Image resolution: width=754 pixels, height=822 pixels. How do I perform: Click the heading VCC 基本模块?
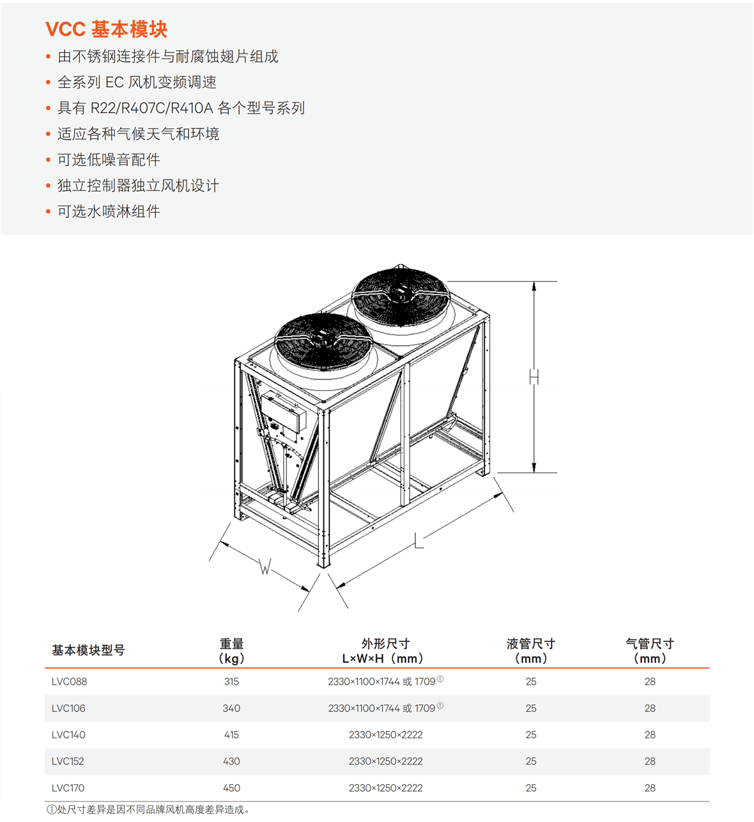click(106, 29)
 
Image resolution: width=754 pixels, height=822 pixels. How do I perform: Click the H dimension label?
click(534, 377)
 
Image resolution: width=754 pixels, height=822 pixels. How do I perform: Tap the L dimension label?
click(419, 540)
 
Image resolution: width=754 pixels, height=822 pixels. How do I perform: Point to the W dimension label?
click(265, 567)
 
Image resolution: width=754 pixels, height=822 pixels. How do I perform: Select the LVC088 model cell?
click(69, 682)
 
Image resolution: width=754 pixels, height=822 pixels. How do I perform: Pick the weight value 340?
click(231, 708)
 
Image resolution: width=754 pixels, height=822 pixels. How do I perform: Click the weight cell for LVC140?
click(231, 734)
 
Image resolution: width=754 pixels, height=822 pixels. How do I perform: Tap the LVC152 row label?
click(68, 761)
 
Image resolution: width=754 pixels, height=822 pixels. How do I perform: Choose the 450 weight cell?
click(231, 788)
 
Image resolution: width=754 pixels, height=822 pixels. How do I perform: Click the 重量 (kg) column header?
click(232, 651)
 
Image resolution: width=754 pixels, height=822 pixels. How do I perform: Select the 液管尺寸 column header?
click(531, 651)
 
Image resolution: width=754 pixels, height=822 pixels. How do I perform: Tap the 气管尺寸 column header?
click(650, 651)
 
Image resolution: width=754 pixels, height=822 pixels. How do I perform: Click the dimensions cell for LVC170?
click(386, 788)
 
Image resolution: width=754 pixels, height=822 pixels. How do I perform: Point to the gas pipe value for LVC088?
click(650, 682)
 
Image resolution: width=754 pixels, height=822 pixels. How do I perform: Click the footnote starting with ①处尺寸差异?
click(148, 810)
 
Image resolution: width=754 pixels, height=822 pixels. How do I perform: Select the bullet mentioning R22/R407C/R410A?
click(181, 108)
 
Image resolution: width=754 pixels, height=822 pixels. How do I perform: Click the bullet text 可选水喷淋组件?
click(109, 211)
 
